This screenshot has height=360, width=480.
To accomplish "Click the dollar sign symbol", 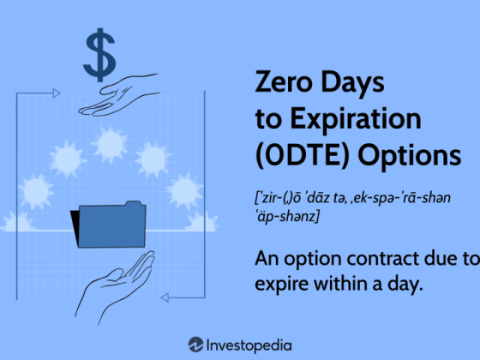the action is pos(99,55).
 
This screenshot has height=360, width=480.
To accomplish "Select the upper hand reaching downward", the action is pos(119,95).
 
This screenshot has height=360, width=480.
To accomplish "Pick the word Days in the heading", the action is pos(352,81).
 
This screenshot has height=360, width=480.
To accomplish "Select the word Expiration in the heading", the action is pos(356,119).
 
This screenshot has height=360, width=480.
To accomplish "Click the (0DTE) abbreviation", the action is pos(302,155).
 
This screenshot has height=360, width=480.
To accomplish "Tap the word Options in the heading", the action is pos(410,155).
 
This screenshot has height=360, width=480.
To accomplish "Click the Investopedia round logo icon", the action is pos(196,345).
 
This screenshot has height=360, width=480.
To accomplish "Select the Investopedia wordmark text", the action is pos(249,345).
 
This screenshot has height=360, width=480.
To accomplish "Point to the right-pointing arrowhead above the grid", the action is pos(57,93).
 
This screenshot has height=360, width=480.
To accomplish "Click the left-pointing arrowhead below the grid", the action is pos(165,297).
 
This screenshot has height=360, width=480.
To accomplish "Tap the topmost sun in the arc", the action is pos(110,144).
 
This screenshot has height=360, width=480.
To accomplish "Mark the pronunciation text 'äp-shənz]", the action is pos(286,217).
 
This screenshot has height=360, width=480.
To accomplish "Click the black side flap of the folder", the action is pos(75,226).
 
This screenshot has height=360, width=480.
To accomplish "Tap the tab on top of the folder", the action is pos(134,204).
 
